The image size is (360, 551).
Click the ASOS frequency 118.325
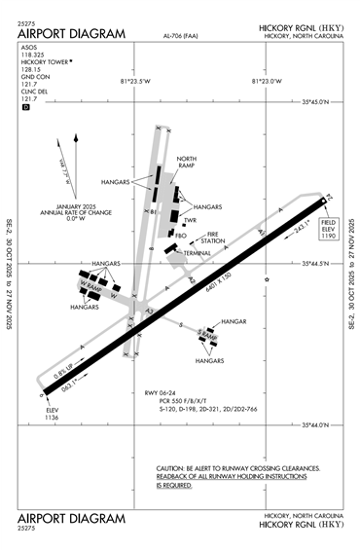click(32, 54)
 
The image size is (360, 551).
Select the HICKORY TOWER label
click(45, 61)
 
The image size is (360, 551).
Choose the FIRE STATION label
click(215, 238)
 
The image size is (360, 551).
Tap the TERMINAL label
click(198, 253)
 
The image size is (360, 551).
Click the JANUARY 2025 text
click(71, 205)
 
